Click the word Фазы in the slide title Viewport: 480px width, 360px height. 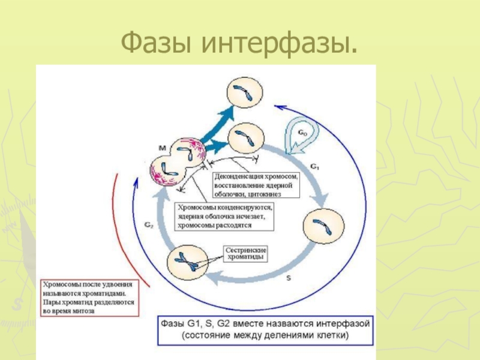coord(156,42)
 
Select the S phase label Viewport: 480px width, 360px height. coord(288,278)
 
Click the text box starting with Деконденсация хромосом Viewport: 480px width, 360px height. coord(256,185)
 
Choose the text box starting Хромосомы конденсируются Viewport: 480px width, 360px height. coord(223,216)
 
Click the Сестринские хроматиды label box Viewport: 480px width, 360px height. coord(245,253)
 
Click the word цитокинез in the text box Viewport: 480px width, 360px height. coord(277,194)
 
